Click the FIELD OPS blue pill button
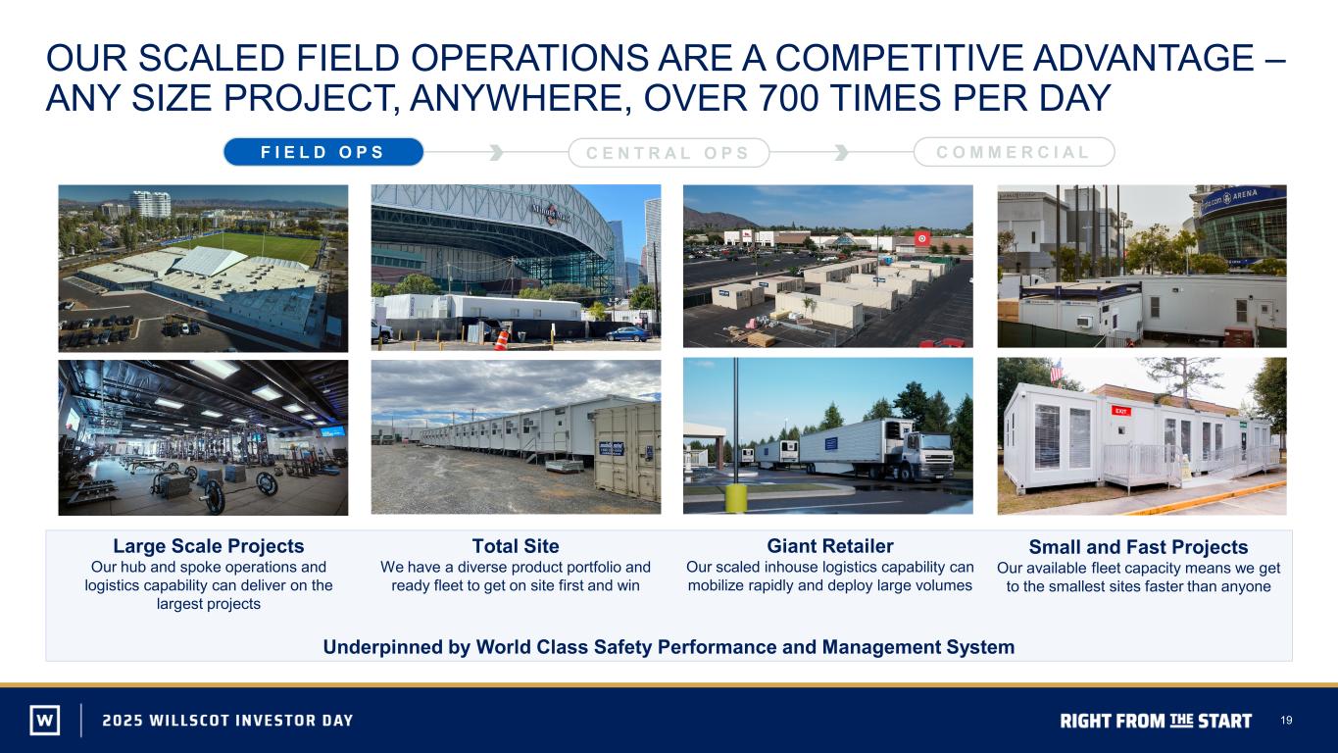point(323,152)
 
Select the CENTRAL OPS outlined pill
point(669,153)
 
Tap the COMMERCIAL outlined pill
point(1014,152)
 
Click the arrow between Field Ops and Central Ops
point(496,152)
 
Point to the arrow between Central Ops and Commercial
point(841,152)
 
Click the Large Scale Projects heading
point(209,545)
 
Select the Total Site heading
point(516,545)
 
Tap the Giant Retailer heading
point(829,545)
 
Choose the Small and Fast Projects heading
point(1138,547)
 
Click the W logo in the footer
point(45,720)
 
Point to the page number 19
point(1286,720)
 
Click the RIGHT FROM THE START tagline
point(1156,721)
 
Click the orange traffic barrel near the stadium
point(501,338)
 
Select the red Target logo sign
point(922,238)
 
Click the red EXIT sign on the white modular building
point(1120,411)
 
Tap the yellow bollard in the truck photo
point(736,498)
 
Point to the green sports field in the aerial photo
point(257,247)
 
